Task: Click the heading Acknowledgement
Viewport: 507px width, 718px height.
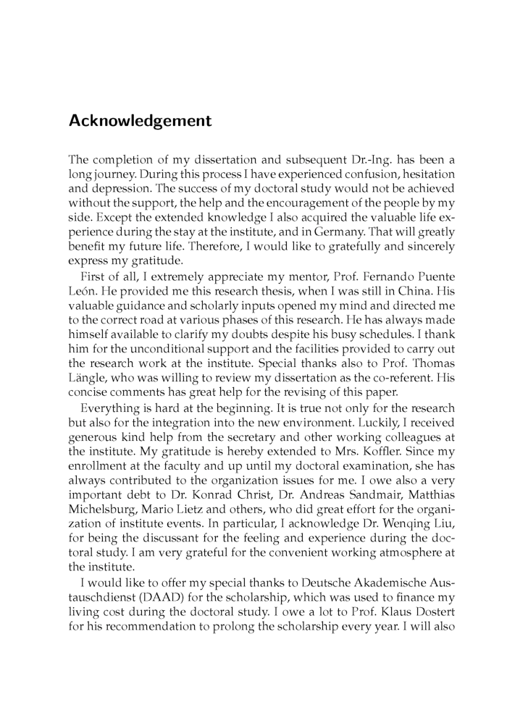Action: tap(140, 121)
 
